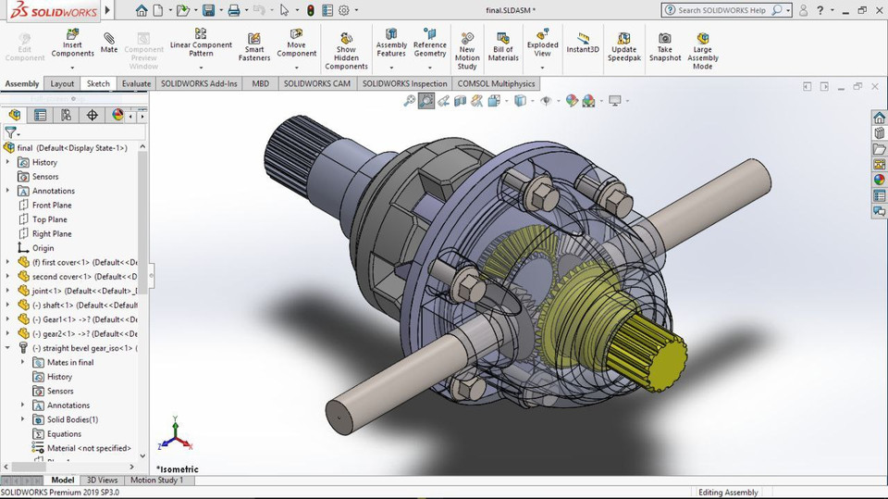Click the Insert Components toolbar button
(x=72, y=47)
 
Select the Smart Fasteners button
(x=254, y=47)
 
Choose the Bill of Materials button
(x=503, y=47)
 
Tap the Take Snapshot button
(x=664, y=47)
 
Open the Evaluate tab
(x=136, y=83)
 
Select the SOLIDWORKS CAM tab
(x=316, y=83)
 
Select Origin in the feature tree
(x=43, y=248)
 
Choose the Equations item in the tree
(x=64, y=434)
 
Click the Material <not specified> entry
(x=88, y=448)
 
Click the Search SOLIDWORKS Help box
(x=723, y=10)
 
